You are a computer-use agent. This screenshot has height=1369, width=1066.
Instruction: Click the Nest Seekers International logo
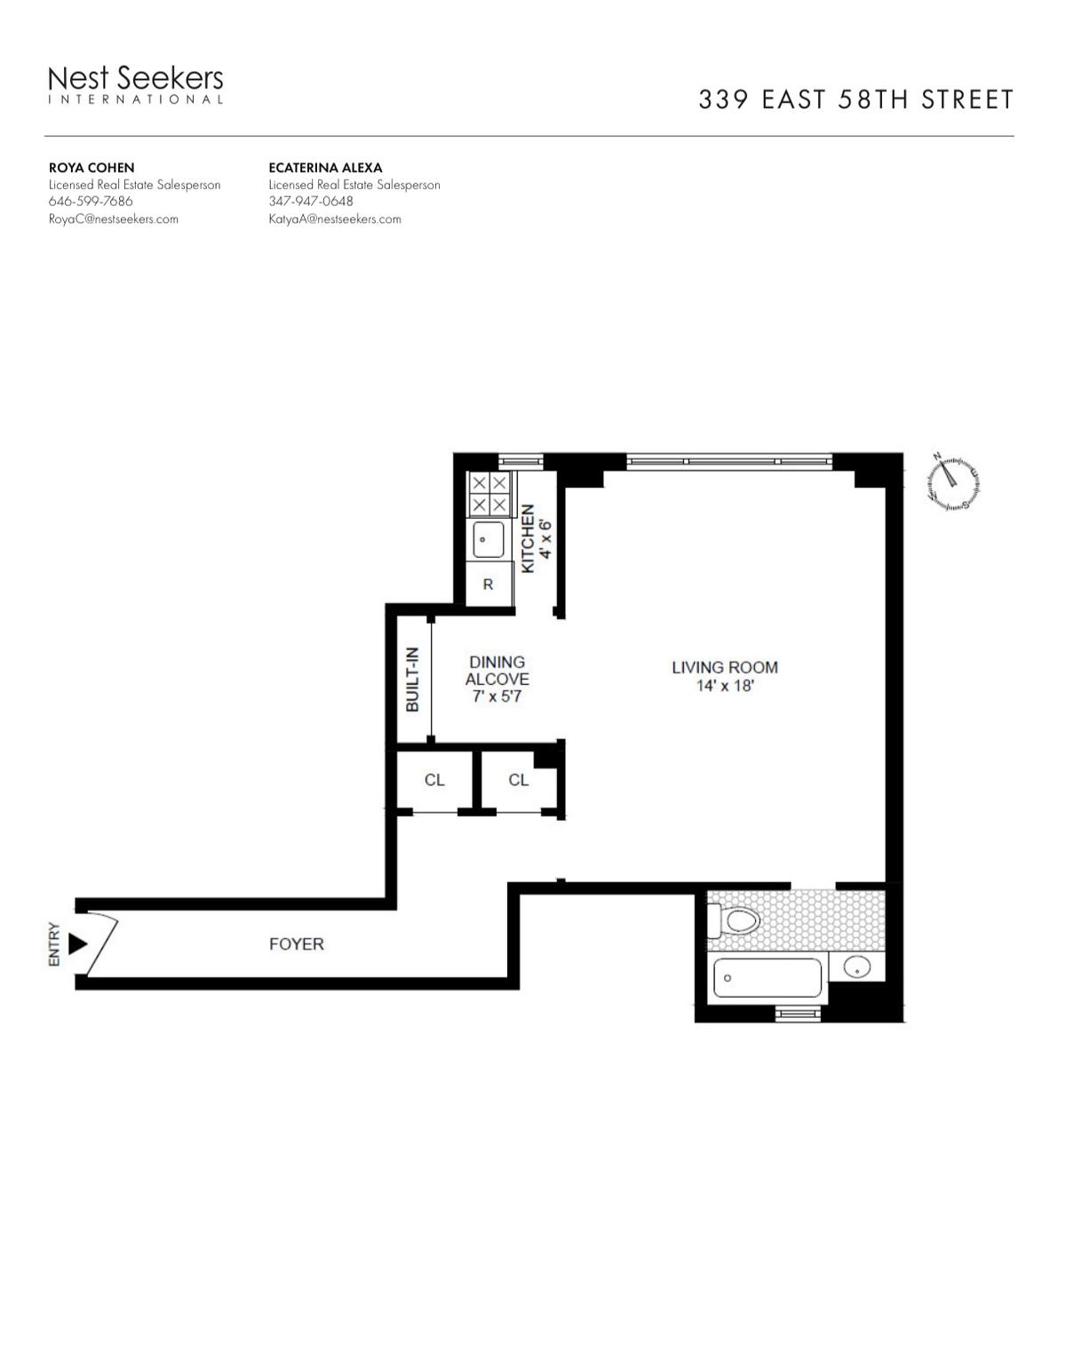pos(135,84)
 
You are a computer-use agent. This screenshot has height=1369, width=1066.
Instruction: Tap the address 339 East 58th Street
pos(855,99)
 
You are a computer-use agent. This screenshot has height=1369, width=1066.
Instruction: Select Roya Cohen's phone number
pos(91,201)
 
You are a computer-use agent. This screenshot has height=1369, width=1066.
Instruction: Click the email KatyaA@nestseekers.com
pos(335,219)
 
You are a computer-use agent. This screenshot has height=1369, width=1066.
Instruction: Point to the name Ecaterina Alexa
pos(325,168)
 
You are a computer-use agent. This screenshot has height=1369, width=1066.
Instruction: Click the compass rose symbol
pos(952,483)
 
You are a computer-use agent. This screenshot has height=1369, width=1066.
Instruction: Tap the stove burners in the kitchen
pos(489,494)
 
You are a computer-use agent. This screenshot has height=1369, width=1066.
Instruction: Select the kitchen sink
pos(488,539)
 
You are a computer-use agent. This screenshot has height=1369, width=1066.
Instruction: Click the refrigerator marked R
pos(488,584)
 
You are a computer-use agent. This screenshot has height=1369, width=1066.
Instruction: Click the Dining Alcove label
pos(497,671)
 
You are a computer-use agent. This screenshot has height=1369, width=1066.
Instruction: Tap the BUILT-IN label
pos(412,680)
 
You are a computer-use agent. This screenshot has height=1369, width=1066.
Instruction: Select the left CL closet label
pos(434,780)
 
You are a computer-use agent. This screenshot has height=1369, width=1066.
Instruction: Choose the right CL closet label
pos(518,780)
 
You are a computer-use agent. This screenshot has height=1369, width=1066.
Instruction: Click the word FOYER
pos(297,943)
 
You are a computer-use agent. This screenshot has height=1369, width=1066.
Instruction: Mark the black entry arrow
pos(77,943)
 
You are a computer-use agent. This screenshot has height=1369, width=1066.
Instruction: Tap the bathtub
pos(767,978)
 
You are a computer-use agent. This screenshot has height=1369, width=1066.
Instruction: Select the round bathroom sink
pos(857,967)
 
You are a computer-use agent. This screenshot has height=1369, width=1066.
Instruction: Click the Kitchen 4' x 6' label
pos(536,538)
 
